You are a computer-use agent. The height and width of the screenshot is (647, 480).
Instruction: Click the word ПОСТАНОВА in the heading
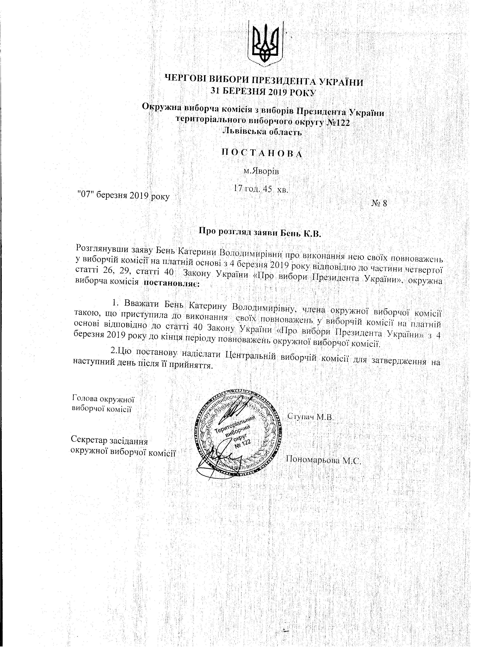262,153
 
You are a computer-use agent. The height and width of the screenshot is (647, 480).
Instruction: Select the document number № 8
379,203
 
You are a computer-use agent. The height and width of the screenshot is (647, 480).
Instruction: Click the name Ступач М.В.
310,417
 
